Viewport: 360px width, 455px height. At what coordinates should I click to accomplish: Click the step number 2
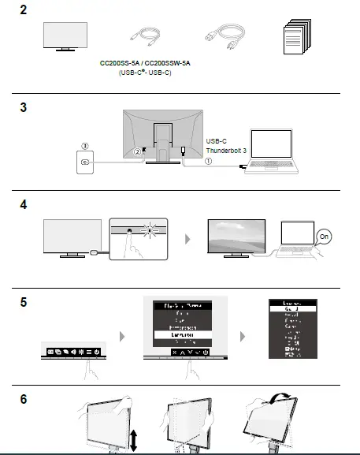(x=23, y=10)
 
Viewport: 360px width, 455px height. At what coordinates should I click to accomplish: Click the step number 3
(x=23, y=106)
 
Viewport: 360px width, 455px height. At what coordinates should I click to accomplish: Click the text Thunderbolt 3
(x=226, y=149)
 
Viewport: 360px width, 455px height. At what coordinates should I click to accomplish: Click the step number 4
(x=23, y=204)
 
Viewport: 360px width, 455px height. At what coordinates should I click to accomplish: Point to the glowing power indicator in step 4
(x=149, y=230)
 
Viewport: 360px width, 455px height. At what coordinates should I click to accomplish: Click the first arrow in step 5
(x=121, y=337)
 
